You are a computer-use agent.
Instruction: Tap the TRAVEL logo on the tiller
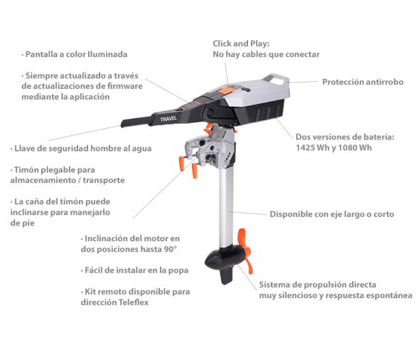[168, 120]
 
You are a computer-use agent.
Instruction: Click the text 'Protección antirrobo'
[363, 82]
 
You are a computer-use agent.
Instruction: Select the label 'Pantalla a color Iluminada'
[76, 53]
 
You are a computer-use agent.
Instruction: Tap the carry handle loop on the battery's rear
[277, 78]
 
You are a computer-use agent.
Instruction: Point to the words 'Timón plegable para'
[54, 170]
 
